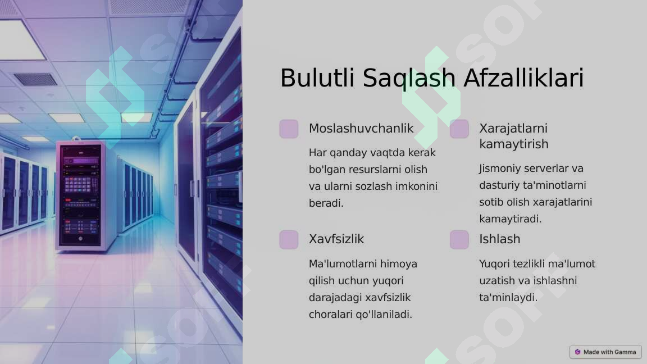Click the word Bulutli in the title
pyautogui.click(x=317, y=78)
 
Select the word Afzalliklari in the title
pyautogui.click(x=523, y=78)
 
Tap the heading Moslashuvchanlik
pyautogui.click(x=361, y=128)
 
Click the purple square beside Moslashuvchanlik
pyautogui.click(x=289, y=129)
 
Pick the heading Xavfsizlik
pyautogui.click(x=336, y=239)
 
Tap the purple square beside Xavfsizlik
pyautogui.click(x=289, y=239)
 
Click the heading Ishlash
pyautogui.click(x=499, y=239)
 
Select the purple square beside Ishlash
pyautogui.click(x=459, y=239)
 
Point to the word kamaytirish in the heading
pyautogui.click(x=513, y=144)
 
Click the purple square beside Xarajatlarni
pyautogui.click(x=459, y=129)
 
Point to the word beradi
pyautogui.click(x=326, y=203)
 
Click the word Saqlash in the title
pyautogui.click(x=408, y=78)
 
